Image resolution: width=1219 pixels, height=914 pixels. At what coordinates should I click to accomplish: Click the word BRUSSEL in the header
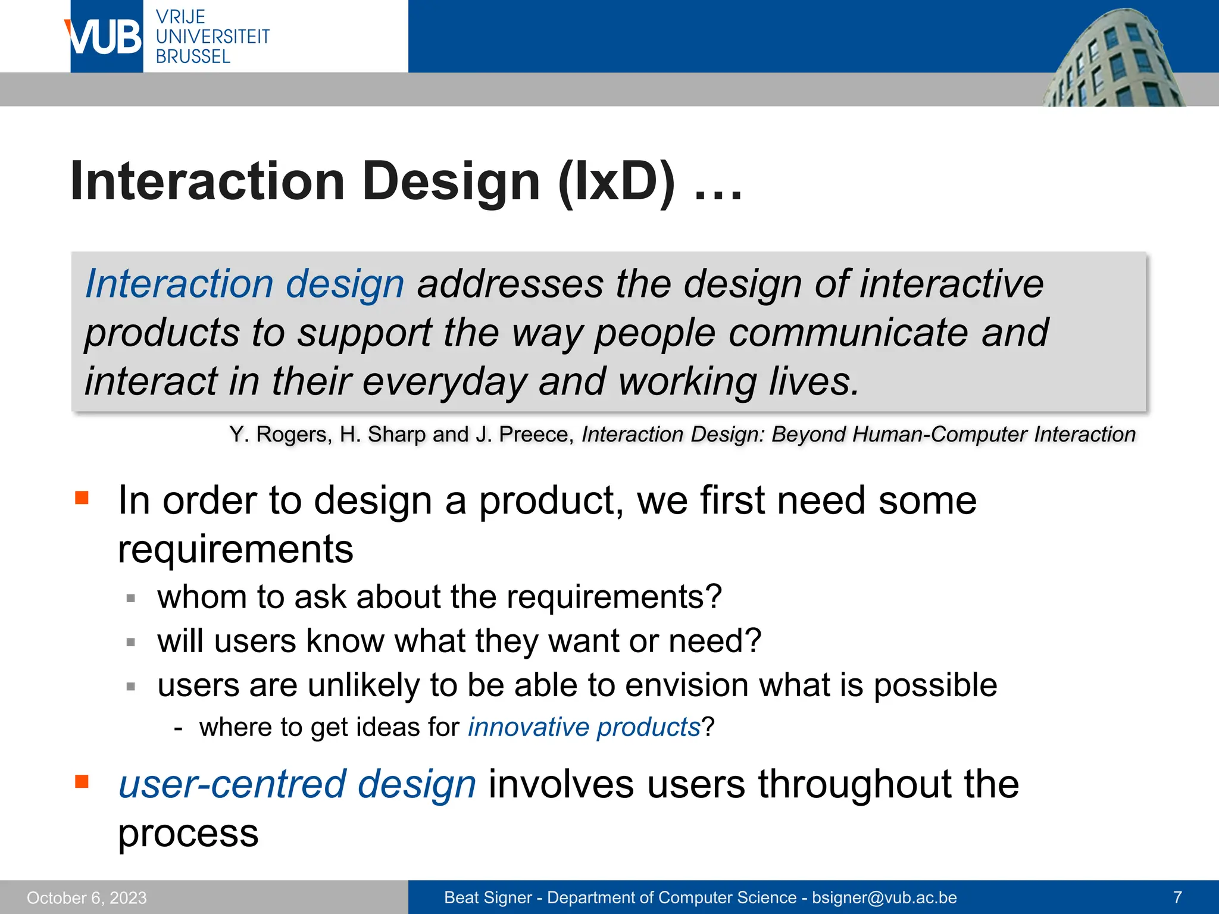coord(193,57)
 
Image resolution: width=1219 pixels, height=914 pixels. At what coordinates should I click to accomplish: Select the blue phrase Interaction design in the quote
coord(245,284)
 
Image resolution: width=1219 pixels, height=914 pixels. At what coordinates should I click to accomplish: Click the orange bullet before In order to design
coord(82,497)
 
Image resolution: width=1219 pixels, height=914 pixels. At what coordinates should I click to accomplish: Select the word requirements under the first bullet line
coord(236,549)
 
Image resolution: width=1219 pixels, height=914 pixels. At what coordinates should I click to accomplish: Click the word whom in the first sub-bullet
coord(201,597)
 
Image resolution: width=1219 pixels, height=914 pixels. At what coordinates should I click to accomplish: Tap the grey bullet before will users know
coord(131,642)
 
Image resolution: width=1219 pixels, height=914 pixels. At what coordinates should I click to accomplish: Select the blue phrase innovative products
coord(584,727)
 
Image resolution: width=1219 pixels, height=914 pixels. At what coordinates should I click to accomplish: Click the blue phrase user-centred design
coord(297,784)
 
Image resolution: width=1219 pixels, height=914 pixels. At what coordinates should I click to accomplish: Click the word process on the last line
coord(188,833)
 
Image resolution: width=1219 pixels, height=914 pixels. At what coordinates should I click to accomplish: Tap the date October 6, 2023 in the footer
coord(87,897)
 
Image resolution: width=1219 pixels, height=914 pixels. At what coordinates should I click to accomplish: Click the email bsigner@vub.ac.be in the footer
coord(884,897)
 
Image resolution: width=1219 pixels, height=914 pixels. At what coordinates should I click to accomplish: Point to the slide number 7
coord(1177,897)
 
